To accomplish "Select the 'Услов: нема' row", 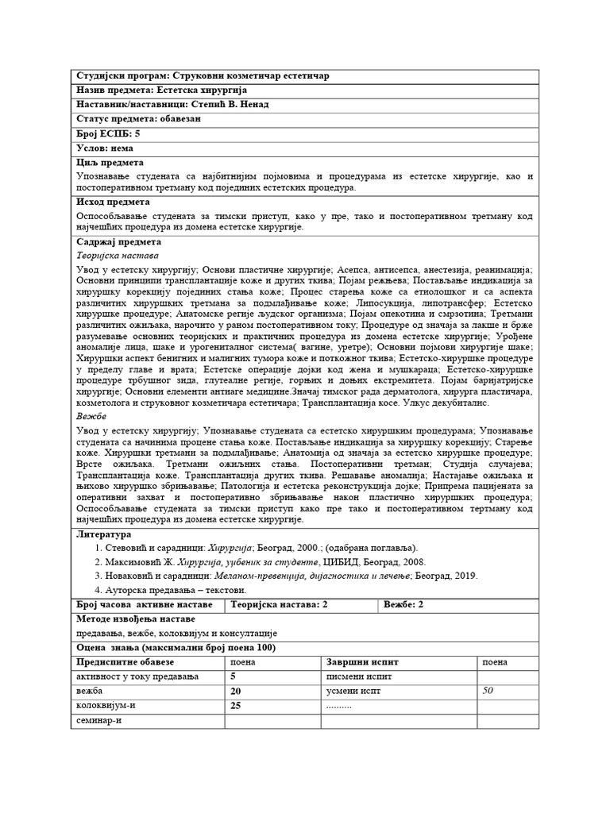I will click(105, 148).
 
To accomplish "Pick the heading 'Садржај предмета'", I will click(119, 242).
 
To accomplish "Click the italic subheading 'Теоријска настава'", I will click(117, 256).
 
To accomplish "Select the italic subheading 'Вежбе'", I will click(91, 416).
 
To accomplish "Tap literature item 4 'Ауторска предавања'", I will click(171, 590).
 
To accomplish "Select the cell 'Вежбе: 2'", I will click(404, 605).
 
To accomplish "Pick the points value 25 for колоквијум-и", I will click(235, 705).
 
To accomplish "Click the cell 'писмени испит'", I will click(359, 676).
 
